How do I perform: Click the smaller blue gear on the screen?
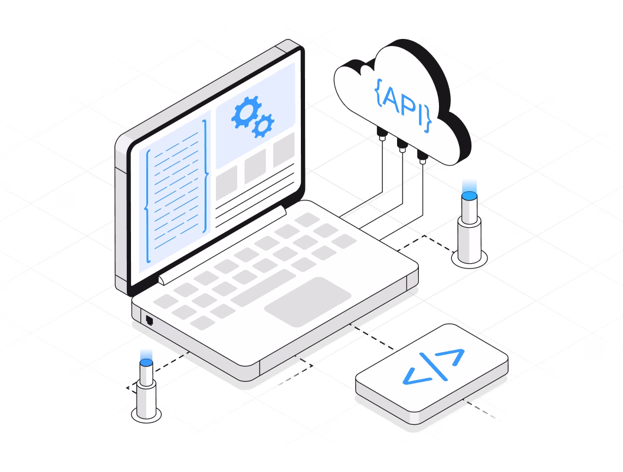[x=263, y=125]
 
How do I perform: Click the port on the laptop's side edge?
[x=149, y=320]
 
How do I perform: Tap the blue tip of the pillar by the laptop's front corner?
[x=146, y=357]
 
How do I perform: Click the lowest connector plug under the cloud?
[x=422, y=158]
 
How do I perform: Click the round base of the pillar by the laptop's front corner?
[x=146, y=414]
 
